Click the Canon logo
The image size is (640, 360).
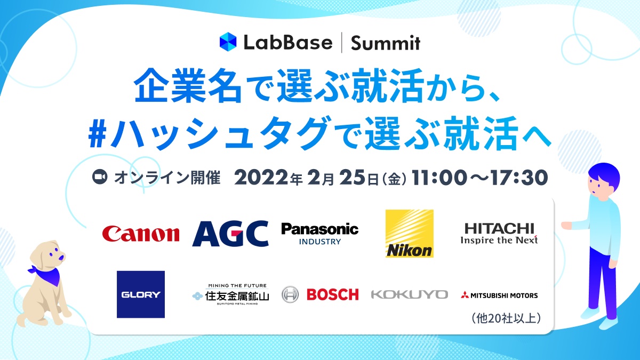point(141,234)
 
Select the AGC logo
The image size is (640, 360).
point(230,234)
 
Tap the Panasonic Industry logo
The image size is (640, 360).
point(319,233)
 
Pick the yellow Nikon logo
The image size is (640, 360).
point(410,234)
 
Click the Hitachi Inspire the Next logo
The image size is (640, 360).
point(499,234)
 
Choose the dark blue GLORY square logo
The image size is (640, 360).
point(141,294)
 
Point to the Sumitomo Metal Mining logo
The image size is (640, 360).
point(230,294)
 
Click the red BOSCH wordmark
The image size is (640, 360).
point(332,294)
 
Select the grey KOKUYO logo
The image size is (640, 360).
point(409,294)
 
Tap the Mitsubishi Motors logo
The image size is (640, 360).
point(499,295)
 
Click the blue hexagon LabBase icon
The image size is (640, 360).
point(228,42)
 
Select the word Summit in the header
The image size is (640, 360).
point(385,43)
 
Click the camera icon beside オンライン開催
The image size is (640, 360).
point(100,178)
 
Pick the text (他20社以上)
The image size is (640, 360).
point(507,318)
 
